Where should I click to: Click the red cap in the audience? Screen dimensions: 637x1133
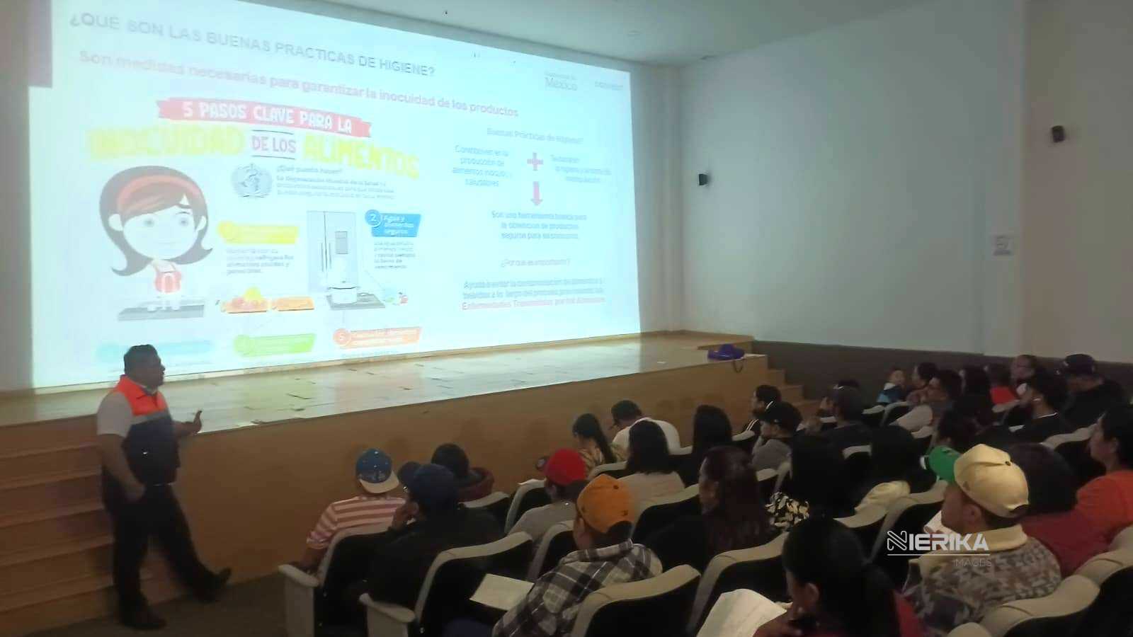[x=564, y=466]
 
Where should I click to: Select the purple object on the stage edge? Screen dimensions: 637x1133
[x=726, y=351]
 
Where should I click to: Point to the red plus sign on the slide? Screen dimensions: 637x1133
[x=535, y=162]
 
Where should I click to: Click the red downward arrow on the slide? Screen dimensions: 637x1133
[x=536, y=193]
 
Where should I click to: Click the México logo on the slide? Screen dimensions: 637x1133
[x=561, y=83]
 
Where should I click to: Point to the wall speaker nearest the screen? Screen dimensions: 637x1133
[x=702, y=180]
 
